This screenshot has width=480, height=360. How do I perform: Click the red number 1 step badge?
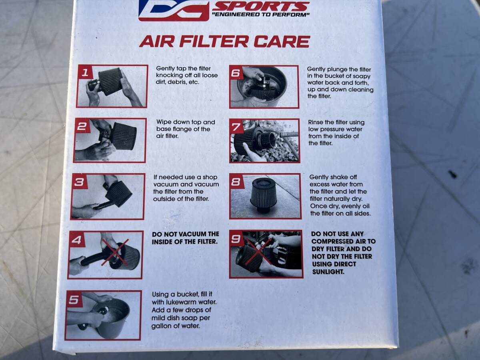point(84,72)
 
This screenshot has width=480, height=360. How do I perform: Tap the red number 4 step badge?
point(76,240)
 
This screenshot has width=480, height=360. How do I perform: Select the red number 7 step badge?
point(237,126)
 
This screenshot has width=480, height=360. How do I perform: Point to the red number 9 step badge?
point(236,238)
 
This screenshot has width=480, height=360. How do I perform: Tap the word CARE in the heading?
point(282,42)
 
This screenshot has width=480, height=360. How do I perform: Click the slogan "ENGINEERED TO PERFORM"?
point(261,15)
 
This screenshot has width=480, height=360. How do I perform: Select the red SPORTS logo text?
point(261,6)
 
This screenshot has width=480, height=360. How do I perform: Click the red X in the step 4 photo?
point(115,253)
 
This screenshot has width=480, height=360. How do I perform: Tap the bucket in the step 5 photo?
point(110,317)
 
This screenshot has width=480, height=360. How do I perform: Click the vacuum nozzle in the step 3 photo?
point(103,206)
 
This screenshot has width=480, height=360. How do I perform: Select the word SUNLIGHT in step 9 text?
point(328,272)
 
